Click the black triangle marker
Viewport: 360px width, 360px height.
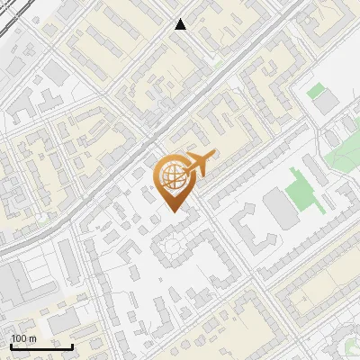tap(181, 24)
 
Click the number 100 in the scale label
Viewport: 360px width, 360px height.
tap(19, 338)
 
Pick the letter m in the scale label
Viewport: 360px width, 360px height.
tap(32, 338)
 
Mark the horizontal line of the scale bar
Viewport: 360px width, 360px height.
tap(41, 346)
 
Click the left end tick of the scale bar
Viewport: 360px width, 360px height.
tap(11, 345)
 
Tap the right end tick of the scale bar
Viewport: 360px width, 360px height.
tap(72, 345)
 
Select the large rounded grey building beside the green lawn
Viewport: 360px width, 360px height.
tap(278, 210)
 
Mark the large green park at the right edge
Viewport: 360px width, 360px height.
tap(345, 153)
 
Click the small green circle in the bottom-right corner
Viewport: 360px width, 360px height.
tap(350, 344)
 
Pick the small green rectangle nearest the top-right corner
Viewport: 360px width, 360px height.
tap(315, 91)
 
